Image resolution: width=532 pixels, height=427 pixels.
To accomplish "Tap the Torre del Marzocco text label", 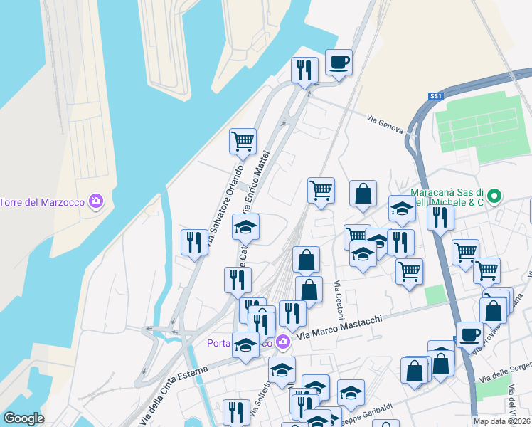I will [x=43, y=202].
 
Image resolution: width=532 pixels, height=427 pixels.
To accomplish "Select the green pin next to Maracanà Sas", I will [x=496, y=194].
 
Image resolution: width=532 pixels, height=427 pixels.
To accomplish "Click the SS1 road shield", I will [x=436, y=96].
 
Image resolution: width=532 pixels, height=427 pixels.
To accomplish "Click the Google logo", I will [x=23, y=418].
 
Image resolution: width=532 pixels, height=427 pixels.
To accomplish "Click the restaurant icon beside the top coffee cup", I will [x=304, y=70].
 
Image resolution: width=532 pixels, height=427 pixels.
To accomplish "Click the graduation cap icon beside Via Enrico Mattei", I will [x=246, y=227].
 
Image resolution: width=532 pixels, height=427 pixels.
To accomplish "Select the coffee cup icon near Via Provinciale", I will [x=469, y=334].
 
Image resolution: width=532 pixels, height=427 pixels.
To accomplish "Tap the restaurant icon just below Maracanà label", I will [x=440, y=216].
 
